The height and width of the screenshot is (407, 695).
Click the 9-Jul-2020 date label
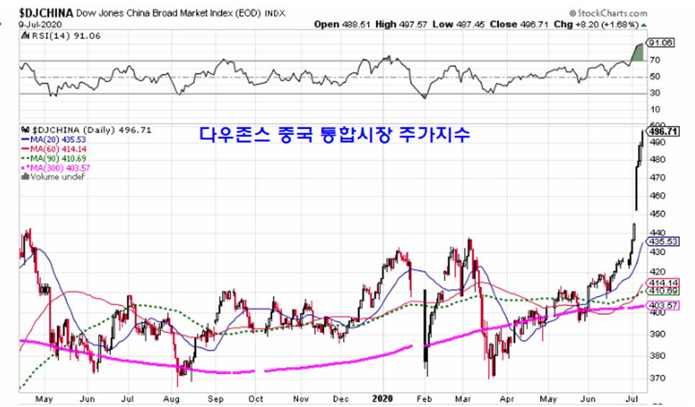[x=25, y=24]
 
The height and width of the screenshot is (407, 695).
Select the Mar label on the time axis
[x=465, y=396]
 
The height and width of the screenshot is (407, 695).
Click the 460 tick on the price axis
[x=657, y=196]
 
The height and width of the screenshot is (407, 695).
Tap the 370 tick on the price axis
[x=657, y=378]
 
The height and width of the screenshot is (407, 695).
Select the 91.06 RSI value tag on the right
[x=662, y=43]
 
